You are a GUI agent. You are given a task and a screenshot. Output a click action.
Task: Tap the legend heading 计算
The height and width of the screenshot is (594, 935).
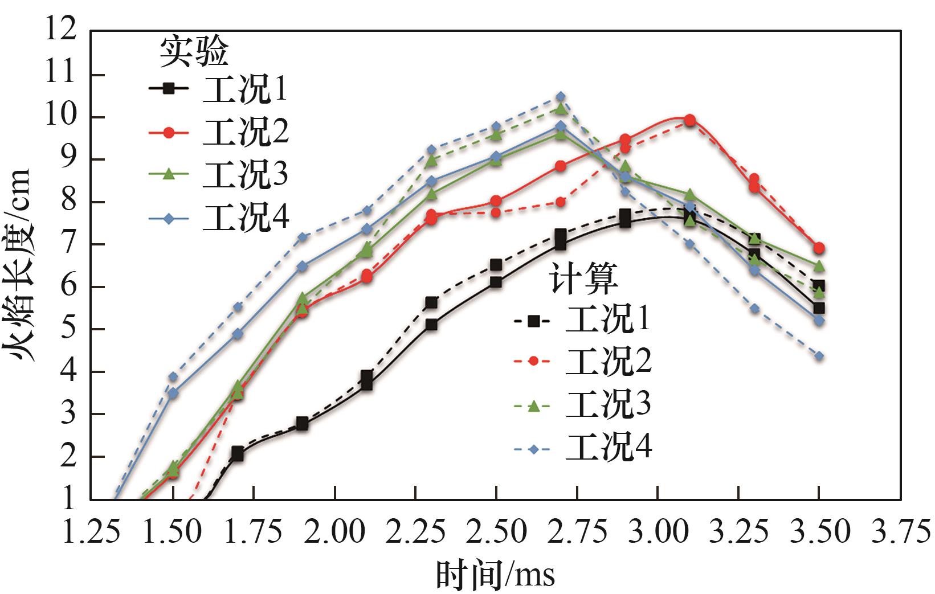[x=583, y=279]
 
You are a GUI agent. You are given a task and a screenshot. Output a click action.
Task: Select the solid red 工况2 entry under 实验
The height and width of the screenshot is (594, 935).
[x=246, y=132]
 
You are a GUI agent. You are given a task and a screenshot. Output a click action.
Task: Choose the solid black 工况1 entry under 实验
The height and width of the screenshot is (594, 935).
[x=244, y=89]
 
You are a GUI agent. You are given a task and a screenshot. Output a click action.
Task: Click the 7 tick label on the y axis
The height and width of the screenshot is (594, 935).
[x=69, y=245]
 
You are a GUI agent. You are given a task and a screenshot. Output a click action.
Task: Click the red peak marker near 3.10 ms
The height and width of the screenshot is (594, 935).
[x=689, y=120]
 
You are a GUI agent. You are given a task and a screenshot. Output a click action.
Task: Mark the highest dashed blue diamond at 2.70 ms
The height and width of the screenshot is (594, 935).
[x=561, y=96]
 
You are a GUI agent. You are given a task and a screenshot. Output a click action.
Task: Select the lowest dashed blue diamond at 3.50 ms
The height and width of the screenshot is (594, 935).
[x=819, y=356]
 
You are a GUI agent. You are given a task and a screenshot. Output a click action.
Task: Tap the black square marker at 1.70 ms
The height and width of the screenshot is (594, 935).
[x=238, y=454]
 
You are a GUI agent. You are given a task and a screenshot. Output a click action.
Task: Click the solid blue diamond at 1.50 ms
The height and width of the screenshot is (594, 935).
[x=173, y=394]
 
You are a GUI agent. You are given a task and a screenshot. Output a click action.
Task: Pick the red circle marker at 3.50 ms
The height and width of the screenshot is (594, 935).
[x=819, y=248]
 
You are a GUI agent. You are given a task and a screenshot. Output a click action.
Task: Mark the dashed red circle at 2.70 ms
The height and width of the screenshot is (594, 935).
[x=561, y=202]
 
